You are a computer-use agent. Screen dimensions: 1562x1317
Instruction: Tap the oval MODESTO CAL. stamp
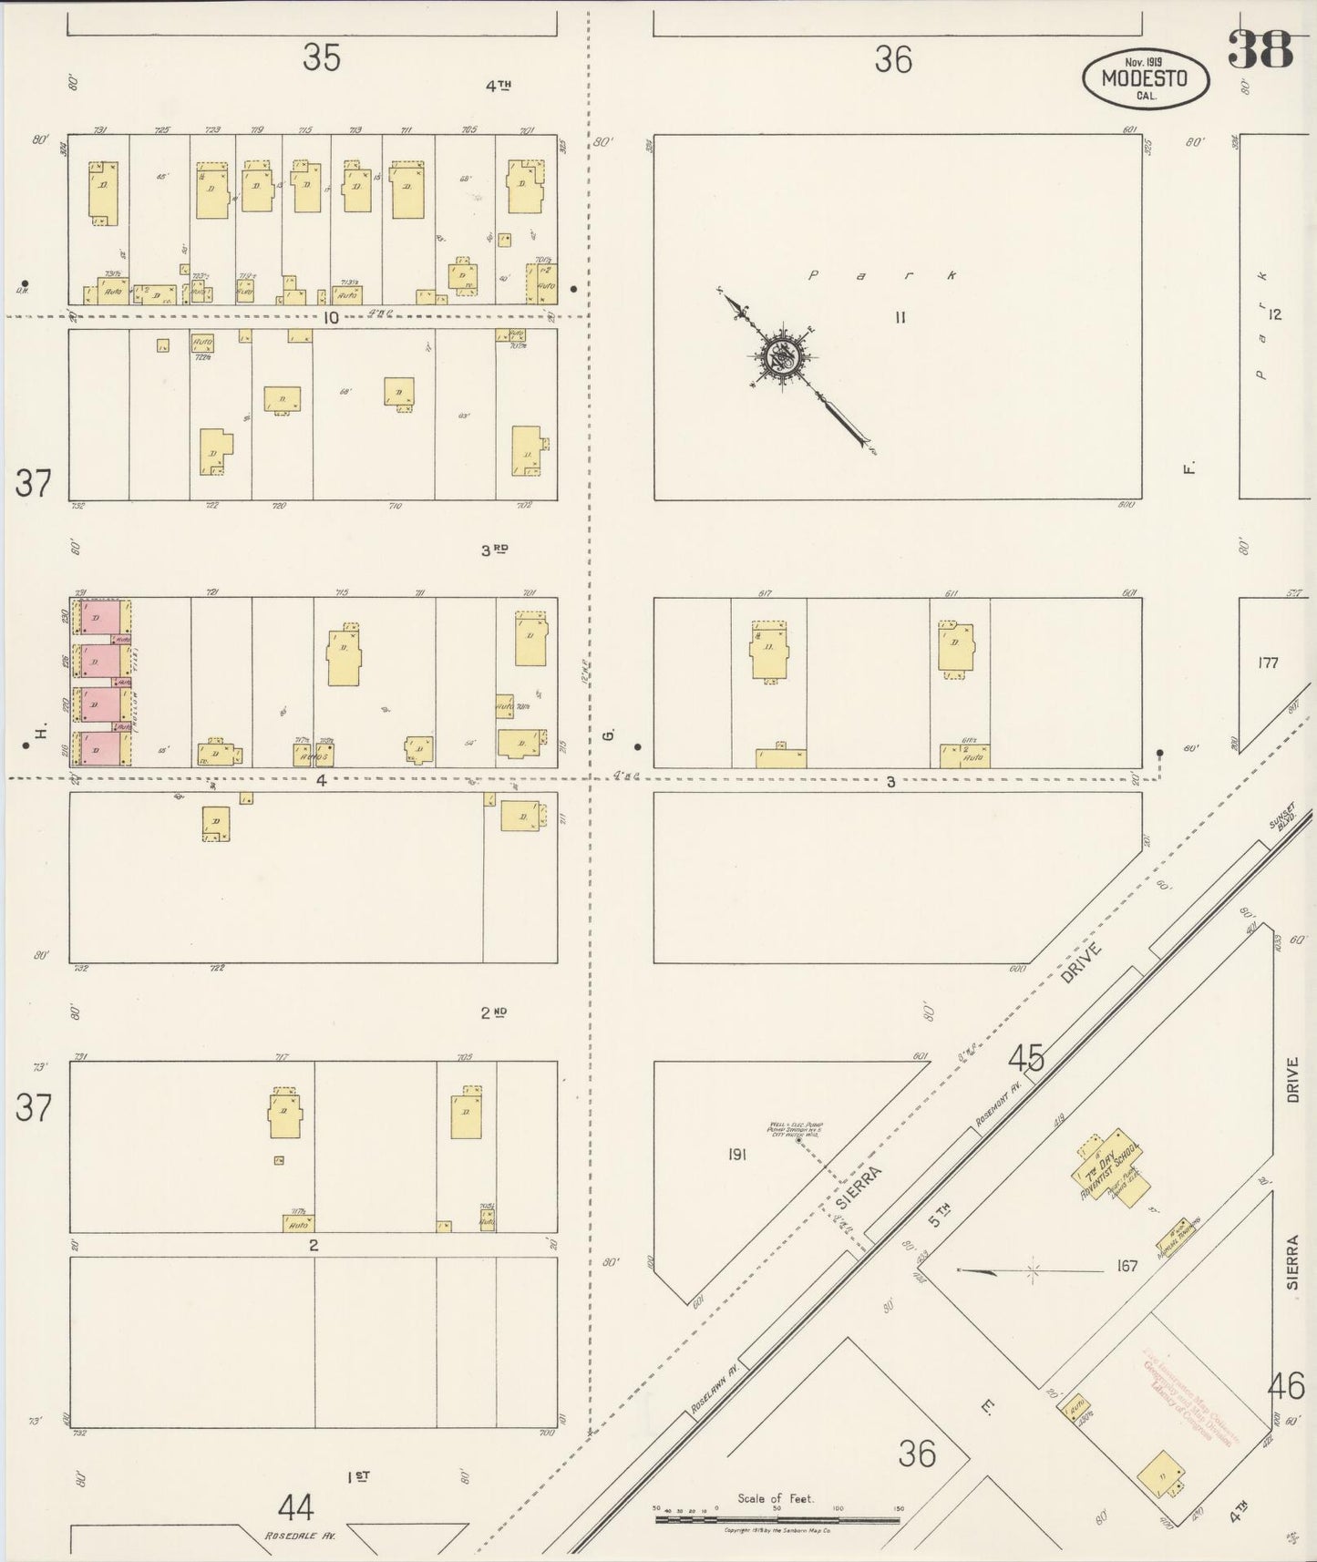(x=1146, y=79)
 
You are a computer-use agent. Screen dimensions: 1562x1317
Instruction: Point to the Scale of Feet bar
(x=777, y=1520)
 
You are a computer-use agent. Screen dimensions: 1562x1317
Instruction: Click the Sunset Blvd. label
(x=1281, y=823)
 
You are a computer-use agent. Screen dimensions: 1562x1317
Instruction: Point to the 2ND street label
(x=493, y=1012)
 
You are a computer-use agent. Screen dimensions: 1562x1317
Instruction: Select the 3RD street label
(x=494, y=550)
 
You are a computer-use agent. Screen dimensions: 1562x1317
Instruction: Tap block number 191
(x=736, y=1155)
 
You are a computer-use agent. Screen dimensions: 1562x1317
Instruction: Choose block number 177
(x=1268, y=663)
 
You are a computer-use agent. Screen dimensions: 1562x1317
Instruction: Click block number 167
(x=1127, y=1266)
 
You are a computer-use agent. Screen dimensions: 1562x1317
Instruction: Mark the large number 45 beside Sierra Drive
(x=1025, y=1058)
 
